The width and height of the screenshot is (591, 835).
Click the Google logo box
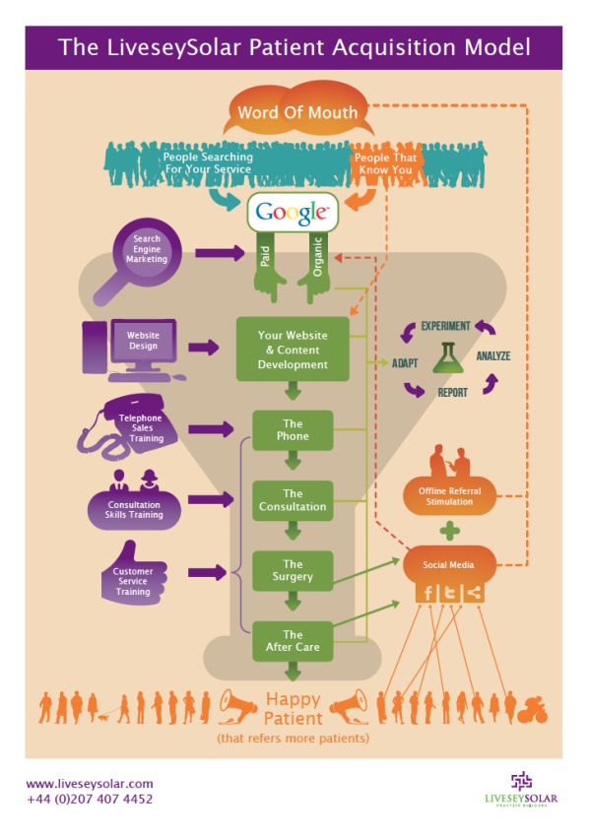pos(292,212)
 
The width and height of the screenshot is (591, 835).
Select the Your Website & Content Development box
pos(293,350)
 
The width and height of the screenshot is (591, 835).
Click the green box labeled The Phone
pos(293,430)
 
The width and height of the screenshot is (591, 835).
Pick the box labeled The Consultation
pos(293,500)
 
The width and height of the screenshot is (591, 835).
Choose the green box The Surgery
pos(293,570)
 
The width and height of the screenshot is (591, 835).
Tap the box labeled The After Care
pos(293,641)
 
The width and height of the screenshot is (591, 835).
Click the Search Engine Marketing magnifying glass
pos(151,252)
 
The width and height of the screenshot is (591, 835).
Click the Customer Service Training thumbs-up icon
pos(133,577)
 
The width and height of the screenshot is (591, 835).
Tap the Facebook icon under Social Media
pos(428,593)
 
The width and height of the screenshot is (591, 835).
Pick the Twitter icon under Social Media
pos(451,593)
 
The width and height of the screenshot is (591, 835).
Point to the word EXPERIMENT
pos(445,326)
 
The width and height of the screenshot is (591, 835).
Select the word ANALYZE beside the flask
pos(492,355)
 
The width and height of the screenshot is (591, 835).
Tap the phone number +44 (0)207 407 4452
pos(90,799)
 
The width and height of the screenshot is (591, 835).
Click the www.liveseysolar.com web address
pos(90,783)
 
